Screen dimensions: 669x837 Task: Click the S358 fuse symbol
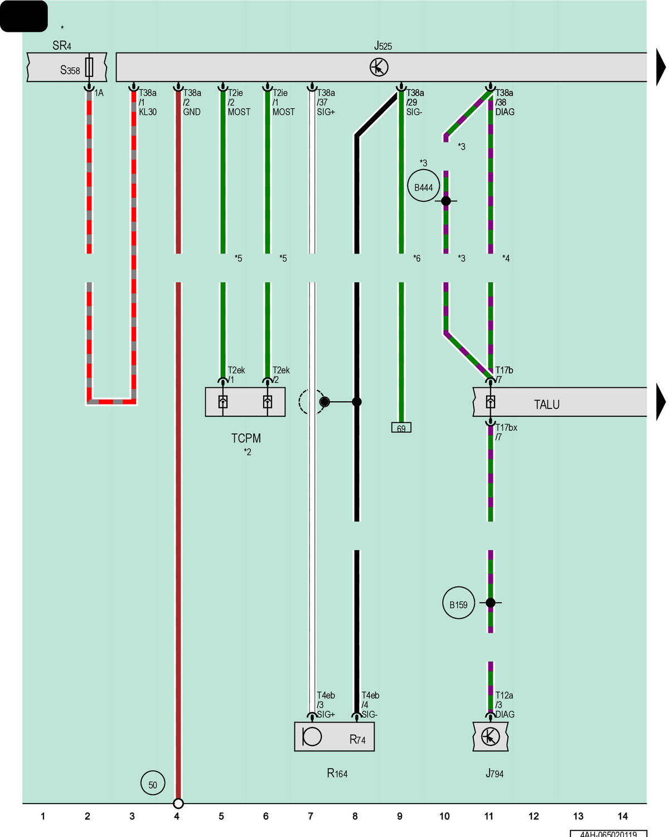point(89,68)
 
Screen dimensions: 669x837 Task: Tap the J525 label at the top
point(382,46)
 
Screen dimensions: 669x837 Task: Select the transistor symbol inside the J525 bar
point(379,68)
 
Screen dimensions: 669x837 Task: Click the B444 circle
point(423,185)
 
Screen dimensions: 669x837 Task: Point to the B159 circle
point(458,603)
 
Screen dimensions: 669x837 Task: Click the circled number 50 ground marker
point(153,783)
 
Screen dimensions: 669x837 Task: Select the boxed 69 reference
point(401,427)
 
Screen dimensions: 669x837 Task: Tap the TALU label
point(546,405)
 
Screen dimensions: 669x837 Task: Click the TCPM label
point(246,439)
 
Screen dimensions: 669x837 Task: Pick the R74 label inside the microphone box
point(357,739)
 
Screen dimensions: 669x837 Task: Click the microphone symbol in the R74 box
point(312,737)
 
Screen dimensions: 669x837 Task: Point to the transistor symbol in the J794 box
point(490,737)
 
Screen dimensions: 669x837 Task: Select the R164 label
point(337,773)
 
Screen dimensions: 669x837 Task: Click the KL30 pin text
point(148,112)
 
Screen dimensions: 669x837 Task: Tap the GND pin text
point(192,112)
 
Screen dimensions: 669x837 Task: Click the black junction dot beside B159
point(490,603)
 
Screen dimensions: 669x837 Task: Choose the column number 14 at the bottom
point(622,816)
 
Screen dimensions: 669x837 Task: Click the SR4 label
point(62,46)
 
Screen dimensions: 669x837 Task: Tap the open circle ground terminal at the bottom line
point(178,803)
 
